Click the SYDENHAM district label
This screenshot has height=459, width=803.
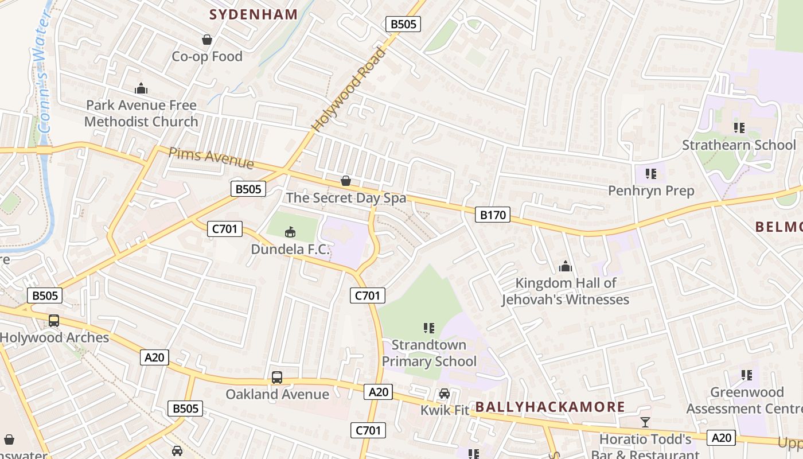click(x=254, y=15)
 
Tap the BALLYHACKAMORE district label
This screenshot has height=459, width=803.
click(x=550, y=407)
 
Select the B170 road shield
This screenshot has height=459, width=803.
click(x=493, y=215)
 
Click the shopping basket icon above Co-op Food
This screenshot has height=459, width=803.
click(x=207, y=40)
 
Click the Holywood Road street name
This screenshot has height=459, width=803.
click(x=349, y=90)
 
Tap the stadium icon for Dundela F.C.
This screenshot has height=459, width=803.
click(x=290, y=232)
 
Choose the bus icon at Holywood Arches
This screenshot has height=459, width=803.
click(x=54, y=321)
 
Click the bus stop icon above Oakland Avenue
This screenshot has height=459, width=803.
click(x=277, y=378)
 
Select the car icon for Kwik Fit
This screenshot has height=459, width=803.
click(x=445, y=394)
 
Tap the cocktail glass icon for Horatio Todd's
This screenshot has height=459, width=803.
click(x=645, y=422)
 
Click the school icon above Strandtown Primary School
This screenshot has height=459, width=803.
click(x=429, y=328)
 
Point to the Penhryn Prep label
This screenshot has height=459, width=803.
click(x=651, y=190)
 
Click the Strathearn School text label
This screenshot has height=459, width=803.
click(x=739, y=145)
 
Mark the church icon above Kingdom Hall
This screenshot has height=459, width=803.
click(x=566, y=266)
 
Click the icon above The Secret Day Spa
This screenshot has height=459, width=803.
click(x=346, y=181)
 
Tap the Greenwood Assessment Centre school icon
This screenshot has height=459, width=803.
click(x=747, y=375)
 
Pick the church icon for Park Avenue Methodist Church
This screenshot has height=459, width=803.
click(x=141, y=88)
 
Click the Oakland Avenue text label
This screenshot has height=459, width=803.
click(x=277, y=394)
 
